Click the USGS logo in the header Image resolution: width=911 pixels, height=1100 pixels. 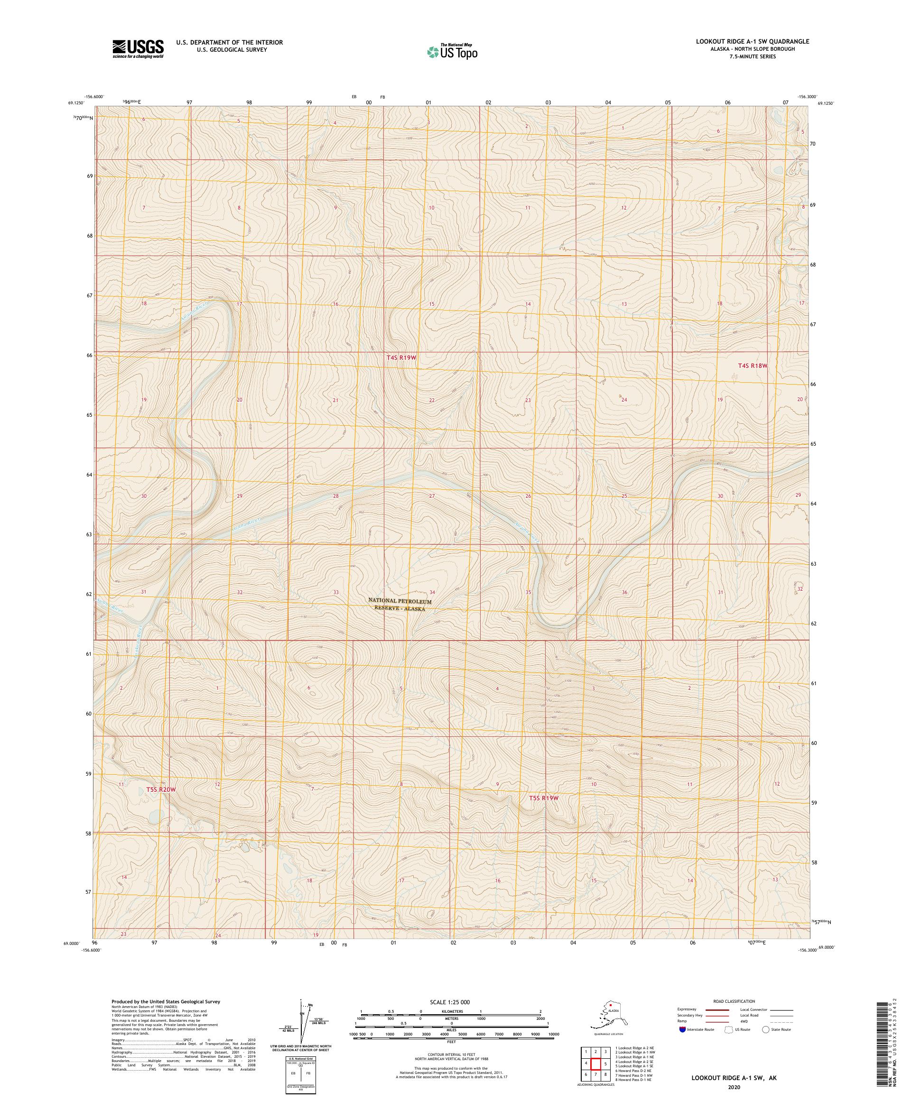click(x=137, y=49)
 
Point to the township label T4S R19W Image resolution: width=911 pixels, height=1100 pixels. click(x=401, y=357)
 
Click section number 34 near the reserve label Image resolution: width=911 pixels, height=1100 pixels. click(x=432, y=592)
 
